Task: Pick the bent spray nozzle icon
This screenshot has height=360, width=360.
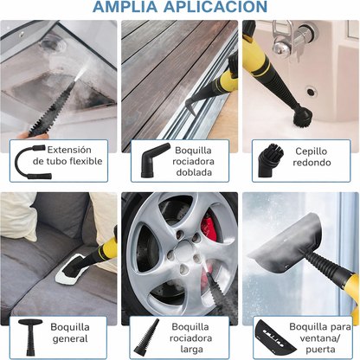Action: click(147, 161)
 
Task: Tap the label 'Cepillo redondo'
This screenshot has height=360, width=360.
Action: click(313, 157)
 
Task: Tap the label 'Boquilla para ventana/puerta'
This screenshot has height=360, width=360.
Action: click(319, 338)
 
